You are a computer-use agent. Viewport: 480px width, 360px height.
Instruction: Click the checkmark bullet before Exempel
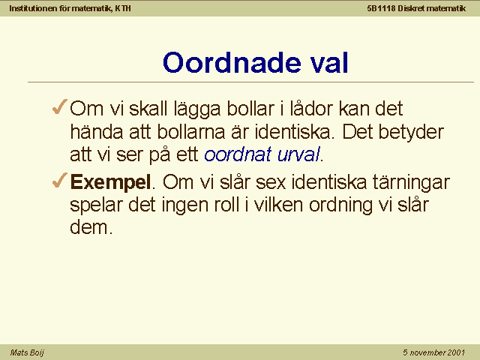[x=60, y=180]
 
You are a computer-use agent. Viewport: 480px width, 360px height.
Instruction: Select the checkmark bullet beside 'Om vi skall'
[x=60, y=106]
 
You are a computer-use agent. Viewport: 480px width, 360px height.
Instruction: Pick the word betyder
[x=411, y=132]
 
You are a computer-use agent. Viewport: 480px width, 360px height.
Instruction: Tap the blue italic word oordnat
[x=238, y=154]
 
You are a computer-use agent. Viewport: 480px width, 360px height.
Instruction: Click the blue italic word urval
[x=298, y=154]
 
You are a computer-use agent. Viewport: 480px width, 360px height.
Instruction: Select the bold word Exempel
[x=110, y=182]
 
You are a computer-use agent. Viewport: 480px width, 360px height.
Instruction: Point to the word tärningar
[x=411, y=182]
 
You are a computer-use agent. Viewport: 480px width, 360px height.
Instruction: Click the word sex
[x=271, y=182]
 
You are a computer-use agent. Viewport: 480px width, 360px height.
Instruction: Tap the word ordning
[x=340, y=205]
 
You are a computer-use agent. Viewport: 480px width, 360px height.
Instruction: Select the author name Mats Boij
[x=27, y=352]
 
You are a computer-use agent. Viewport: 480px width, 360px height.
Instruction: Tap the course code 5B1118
[x=381, y=8]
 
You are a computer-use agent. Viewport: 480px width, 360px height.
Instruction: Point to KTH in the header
[x=123, y=8]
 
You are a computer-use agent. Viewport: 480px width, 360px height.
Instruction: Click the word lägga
[x=197, y=109]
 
